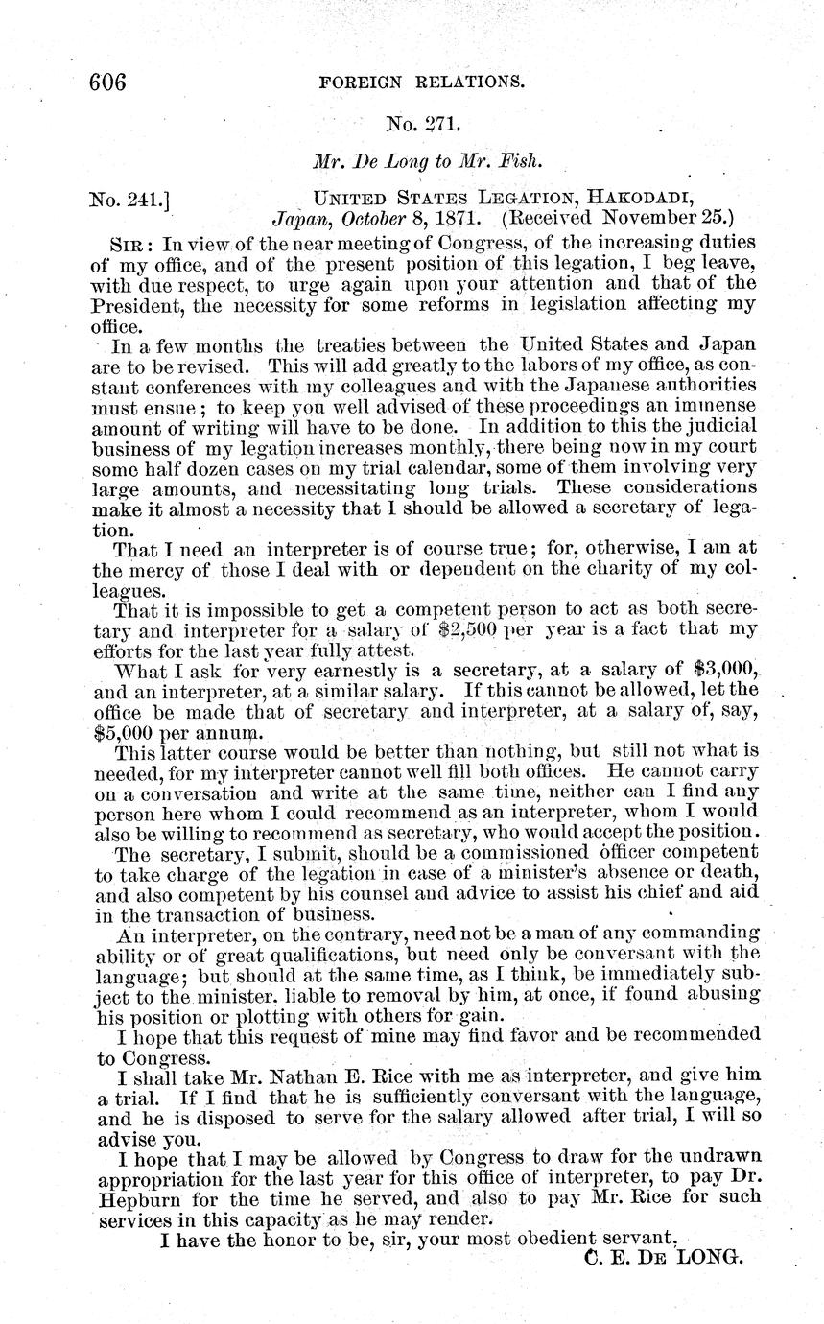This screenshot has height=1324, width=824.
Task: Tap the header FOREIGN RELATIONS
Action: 421,83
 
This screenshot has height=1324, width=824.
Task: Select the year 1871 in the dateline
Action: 464,219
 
